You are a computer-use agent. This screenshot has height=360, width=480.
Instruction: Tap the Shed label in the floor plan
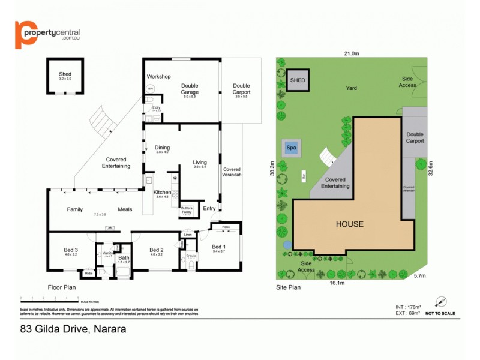65,74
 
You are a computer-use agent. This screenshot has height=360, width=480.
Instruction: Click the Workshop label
159,77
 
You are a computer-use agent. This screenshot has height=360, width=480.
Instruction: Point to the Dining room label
162,148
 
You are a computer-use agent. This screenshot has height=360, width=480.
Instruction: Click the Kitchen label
162,192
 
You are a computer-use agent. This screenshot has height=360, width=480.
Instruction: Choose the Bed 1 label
220,247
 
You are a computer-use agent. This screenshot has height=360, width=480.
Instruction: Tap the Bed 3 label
71,250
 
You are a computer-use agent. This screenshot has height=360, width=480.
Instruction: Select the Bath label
124,258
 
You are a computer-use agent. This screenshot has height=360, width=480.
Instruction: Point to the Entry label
209,209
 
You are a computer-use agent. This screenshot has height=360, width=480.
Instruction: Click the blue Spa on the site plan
292,148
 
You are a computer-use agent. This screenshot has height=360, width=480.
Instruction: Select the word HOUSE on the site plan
349,224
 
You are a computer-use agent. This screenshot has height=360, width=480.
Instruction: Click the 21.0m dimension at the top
351,53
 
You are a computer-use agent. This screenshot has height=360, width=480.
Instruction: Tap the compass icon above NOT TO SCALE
442,302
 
